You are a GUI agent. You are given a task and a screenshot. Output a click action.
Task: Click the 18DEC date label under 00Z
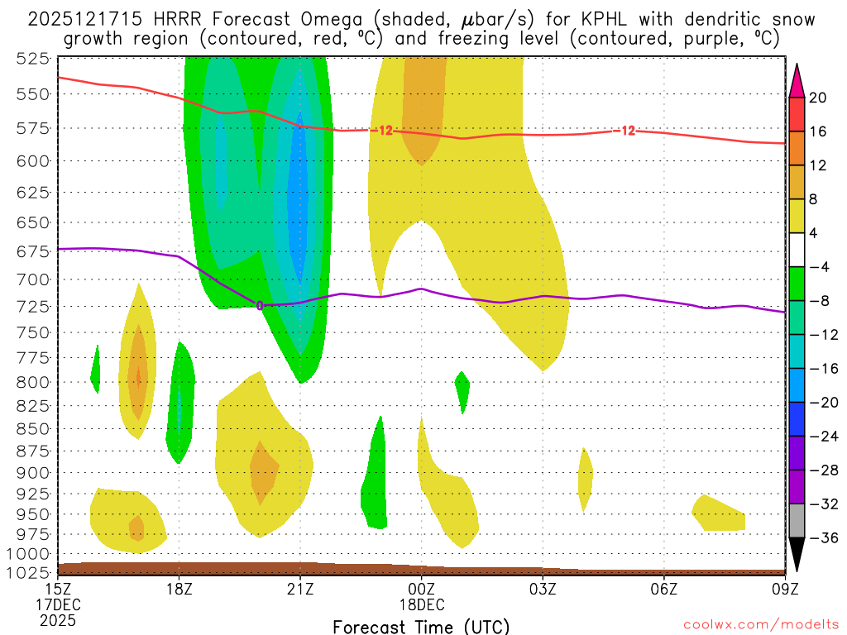tap(421, 604)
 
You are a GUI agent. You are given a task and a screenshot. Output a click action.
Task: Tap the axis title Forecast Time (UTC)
tap(421, 626)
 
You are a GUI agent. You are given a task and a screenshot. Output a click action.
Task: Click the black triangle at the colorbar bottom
tap(797, 555)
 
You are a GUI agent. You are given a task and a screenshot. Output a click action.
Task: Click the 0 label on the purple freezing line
tap(260, 305)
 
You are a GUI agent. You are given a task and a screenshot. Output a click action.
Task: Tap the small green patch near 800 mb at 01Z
tap(462, 385)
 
